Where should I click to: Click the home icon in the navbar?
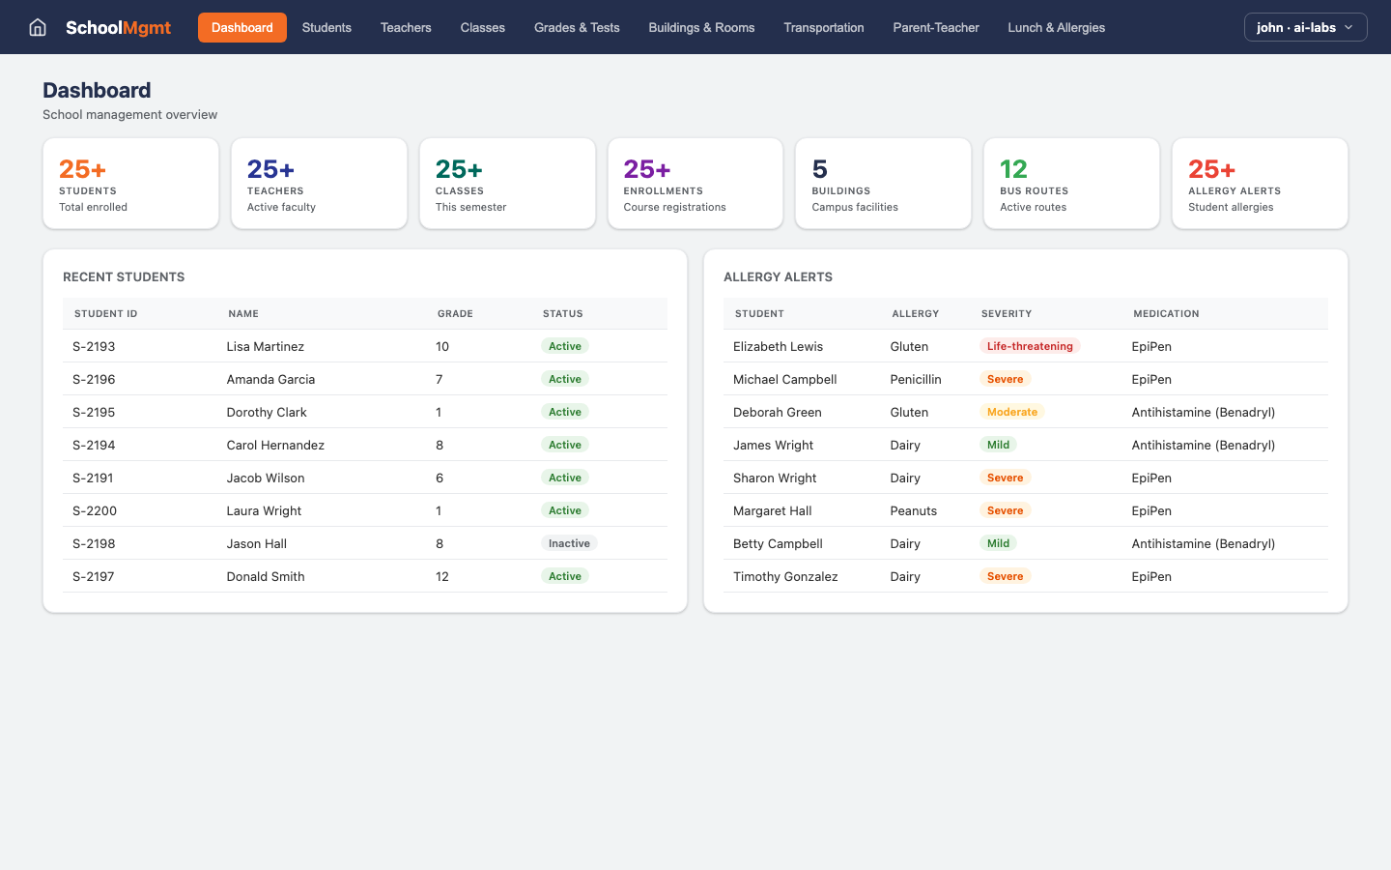38,27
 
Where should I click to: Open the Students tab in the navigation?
326,27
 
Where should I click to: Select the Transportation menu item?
823,27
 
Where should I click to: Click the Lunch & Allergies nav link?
1056,27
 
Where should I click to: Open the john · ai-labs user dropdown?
1305,27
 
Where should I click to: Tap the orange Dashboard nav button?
241,27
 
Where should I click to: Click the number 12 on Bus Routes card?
1013,169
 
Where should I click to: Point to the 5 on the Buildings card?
819,169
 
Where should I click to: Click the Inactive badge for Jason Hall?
569,543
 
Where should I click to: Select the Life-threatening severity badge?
1029,346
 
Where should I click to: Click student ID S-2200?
95,510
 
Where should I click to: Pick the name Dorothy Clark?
267,412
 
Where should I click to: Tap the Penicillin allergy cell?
915,379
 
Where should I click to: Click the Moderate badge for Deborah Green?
1011,412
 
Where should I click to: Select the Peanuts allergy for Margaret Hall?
913,510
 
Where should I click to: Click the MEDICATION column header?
1166,313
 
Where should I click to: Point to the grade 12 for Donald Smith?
442,576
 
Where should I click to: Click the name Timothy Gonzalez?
785,576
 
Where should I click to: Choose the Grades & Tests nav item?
577,27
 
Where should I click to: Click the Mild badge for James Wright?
998,445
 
